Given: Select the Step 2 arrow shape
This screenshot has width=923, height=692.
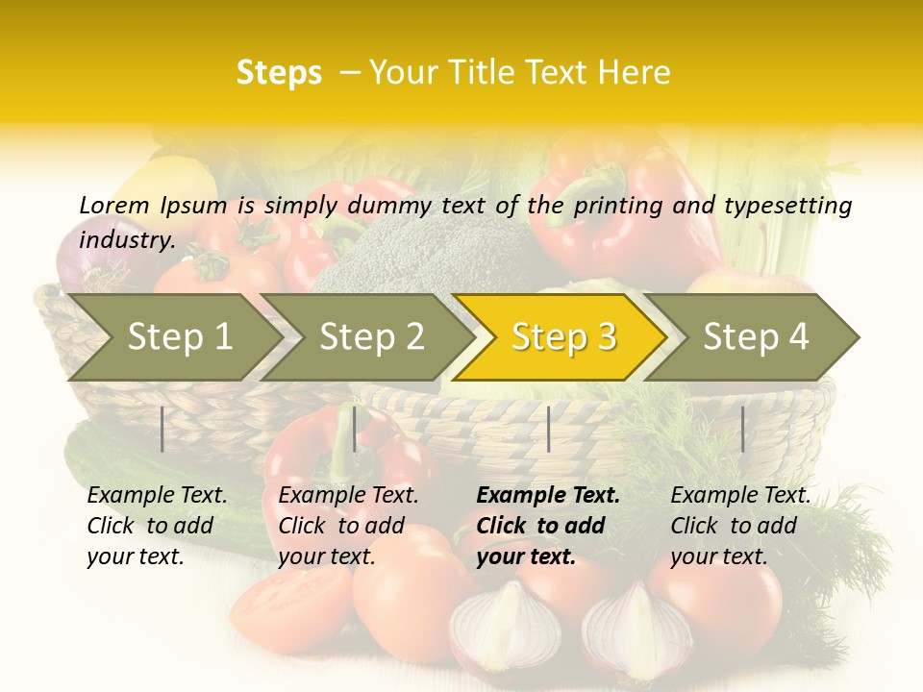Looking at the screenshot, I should (371, 337).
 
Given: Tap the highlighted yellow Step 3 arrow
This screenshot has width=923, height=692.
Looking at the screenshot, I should (563, 337).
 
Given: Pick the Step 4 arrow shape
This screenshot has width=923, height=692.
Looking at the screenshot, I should (756, 337).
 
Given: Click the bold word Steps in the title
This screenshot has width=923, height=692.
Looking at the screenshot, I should (279, 72).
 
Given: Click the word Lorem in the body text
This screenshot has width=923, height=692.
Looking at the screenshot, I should (113, 205).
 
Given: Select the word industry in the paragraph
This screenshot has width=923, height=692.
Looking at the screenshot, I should (126, 240).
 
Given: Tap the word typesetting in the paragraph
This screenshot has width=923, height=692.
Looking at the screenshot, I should (787, 206).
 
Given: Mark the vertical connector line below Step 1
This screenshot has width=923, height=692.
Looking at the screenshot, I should (162, 429).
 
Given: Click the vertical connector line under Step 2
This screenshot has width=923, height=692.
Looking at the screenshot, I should (355, 429).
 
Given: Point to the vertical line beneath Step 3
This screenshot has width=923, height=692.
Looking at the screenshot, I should (548, 429).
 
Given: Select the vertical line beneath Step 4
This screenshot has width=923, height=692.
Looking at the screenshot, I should (742, 429).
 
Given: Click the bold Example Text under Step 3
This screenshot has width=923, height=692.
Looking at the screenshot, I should (548, 496).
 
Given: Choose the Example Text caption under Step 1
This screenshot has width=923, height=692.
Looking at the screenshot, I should (157, 496).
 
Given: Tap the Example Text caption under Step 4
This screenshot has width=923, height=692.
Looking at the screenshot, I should (740, 496).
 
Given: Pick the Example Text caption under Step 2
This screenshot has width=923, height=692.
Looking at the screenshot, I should (348, 496).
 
